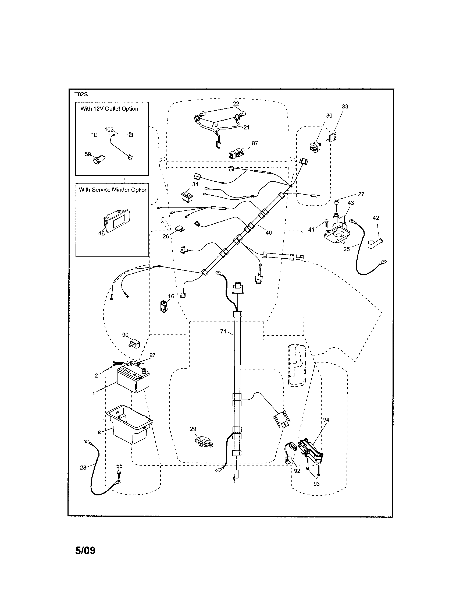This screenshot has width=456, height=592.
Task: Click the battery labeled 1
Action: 133,380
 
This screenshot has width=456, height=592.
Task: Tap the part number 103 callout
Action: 109,130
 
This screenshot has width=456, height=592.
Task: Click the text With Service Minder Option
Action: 113,190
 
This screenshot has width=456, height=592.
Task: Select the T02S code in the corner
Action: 81,95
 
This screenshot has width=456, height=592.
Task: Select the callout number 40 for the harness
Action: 268,232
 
